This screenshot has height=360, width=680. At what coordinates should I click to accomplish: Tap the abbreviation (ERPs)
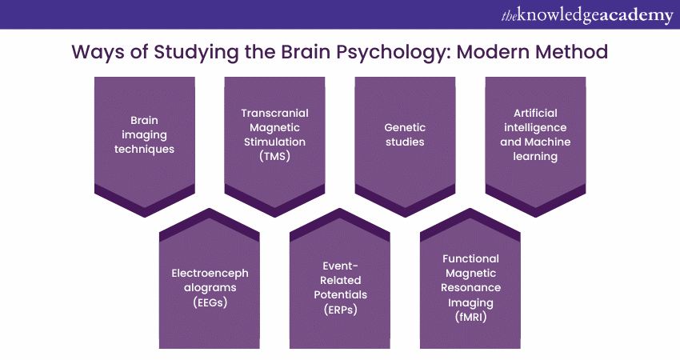point(340,310)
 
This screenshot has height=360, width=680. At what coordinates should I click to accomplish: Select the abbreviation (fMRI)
point(470,317)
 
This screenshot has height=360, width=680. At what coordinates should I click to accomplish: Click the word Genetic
point(405,128)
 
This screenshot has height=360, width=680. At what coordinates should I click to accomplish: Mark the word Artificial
point(535,114)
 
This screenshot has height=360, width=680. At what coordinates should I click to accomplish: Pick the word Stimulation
point(274,142)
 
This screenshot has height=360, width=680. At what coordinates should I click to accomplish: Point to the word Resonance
point(470,288)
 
